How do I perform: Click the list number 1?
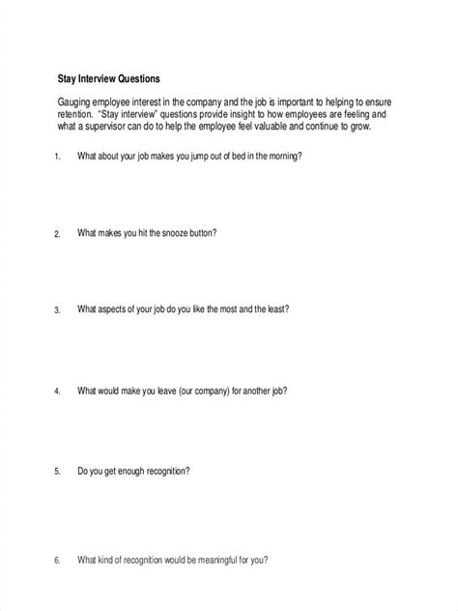tap(57, 156)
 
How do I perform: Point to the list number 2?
tap(57, 234)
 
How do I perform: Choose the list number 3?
tap(57, 311)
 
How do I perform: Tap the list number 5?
tap(57, 473)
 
